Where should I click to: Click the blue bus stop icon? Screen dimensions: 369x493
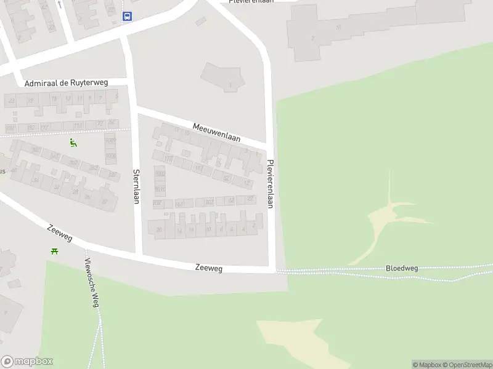pyautogui.click(x=127, y=17)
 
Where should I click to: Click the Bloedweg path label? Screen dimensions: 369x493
pyautogui.click(x=402, y=268)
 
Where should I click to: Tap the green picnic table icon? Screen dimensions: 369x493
pyautogui.click(x=55, y=250)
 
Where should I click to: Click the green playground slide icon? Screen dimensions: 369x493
pyautogui.click(x=73, y=143)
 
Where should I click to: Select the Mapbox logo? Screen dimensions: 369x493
pyautogui.click(x=26, y=362)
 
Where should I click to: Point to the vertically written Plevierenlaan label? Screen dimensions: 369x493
pyautogui.click(x=271, y=184)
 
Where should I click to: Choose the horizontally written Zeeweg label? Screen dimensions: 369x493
pyautogui.click(x=208, y=268)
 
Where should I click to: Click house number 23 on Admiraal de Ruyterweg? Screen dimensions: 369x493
pyautogui.click(x=12, y=100)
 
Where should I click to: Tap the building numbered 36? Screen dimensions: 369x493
pyautogui.click(x=36, y=180)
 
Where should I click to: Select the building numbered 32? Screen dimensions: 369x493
pyautogui.click(x=57, y=187)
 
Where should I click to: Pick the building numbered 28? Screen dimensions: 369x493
pyautogui.click(x=75, y=192)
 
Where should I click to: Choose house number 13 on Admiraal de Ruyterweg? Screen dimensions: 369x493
pyautogui.click(x=68, y=98)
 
